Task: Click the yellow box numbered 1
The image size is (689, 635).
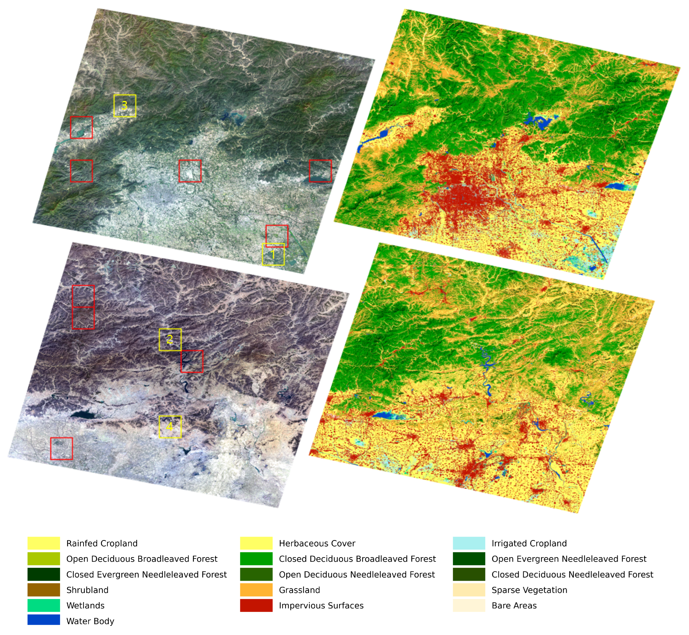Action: coord(273,254)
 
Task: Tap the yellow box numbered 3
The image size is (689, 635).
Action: coord(125,106)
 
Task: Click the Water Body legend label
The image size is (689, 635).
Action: coord(90,621)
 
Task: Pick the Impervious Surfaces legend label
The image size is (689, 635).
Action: coord(321,605)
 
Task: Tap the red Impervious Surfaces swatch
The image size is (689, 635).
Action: coord(256,605)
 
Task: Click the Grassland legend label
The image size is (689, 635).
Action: coord(299,590)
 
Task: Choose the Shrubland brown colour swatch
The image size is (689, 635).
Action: coord(44,590)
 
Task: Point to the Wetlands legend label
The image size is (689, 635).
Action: coord(85,605)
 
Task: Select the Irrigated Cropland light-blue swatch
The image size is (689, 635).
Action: coord(469,543)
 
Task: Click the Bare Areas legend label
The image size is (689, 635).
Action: coord(514,605)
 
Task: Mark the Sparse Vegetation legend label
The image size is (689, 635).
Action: coord(529,590)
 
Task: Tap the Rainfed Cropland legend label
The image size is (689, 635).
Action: coord(102,543)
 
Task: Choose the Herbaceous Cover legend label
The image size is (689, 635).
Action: coord(317,543)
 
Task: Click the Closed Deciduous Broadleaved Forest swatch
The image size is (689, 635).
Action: coord(256,559)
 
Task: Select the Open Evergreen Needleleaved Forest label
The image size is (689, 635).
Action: coord(569,559)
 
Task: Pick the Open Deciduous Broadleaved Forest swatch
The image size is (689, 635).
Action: coord(44,559)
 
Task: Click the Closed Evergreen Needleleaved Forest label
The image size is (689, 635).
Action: coord(146,574)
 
